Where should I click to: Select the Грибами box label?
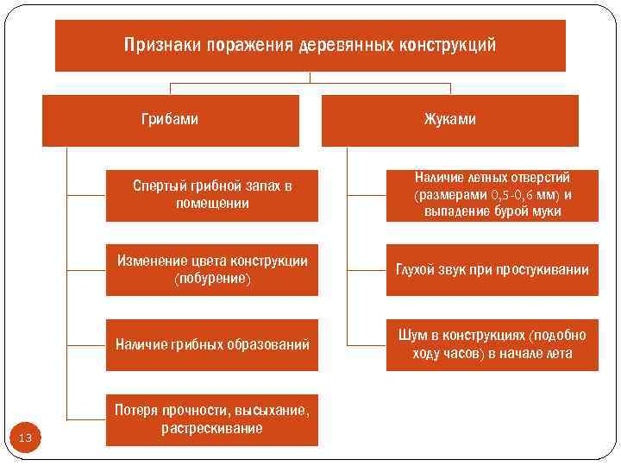tap(169, 119)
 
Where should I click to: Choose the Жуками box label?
tap(449, 119)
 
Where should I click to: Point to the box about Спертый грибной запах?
tap(211, 195)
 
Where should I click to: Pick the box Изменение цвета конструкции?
tap(211, 270)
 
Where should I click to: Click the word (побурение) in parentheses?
tap(211, 280)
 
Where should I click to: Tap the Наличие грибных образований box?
tap(211, 345)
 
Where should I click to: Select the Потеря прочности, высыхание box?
tap(211, 419)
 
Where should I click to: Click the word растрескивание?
tap(211, 428)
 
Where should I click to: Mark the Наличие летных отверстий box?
tap(492, 195)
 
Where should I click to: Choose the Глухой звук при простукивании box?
tap(492, 270)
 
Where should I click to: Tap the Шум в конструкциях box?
tap(492, 345)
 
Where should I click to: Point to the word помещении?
tap(211, 204)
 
